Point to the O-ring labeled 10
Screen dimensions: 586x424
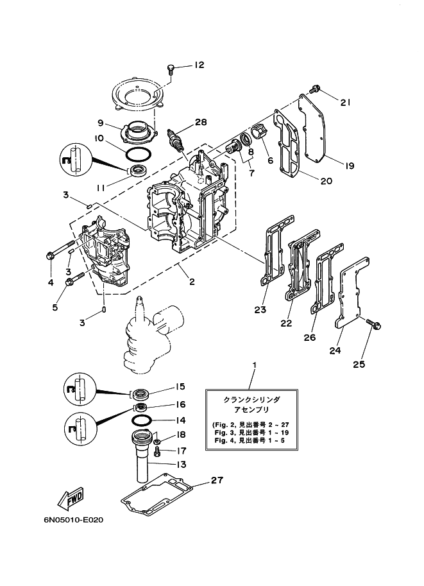point(139,155)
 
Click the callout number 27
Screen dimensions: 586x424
point(217,480)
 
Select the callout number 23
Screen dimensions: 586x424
point(260,310)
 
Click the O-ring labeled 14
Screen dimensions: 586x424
point(142,420)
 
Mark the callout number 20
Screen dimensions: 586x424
point(326,181)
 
